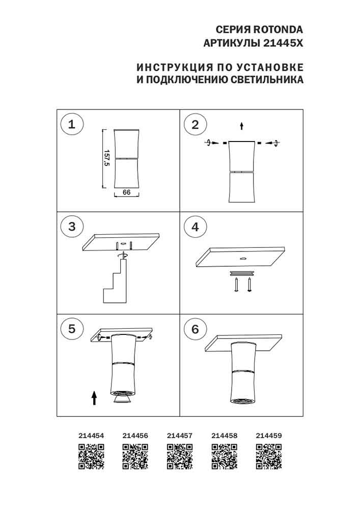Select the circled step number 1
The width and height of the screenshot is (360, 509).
click(x=72, y=124)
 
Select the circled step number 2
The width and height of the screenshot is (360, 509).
click(x=195, y=124)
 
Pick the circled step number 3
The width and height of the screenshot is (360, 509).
click(x=72, y=227)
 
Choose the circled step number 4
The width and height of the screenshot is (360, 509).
click(x=195, y=227)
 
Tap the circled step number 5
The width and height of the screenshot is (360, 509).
click(x=72, y=329)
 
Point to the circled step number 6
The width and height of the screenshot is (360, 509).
click(x=195, y=329)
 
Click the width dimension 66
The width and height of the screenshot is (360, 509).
click(x=127, y=192)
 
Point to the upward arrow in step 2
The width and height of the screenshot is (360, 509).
click(x=242, y=125)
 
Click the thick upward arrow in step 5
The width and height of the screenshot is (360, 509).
click(x=94, y=397)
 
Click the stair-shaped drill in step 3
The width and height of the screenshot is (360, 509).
click(x=116, y=282)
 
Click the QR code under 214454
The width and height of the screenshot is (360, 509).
click(x=91, y=456)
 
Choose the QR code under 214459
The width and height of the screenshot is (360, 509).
click(x=268, y=456)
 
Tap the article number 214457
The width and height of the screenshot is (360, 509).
click(x=180, y=436)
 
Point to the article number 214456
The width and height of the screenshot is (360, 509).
click(x=135, y=436)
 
